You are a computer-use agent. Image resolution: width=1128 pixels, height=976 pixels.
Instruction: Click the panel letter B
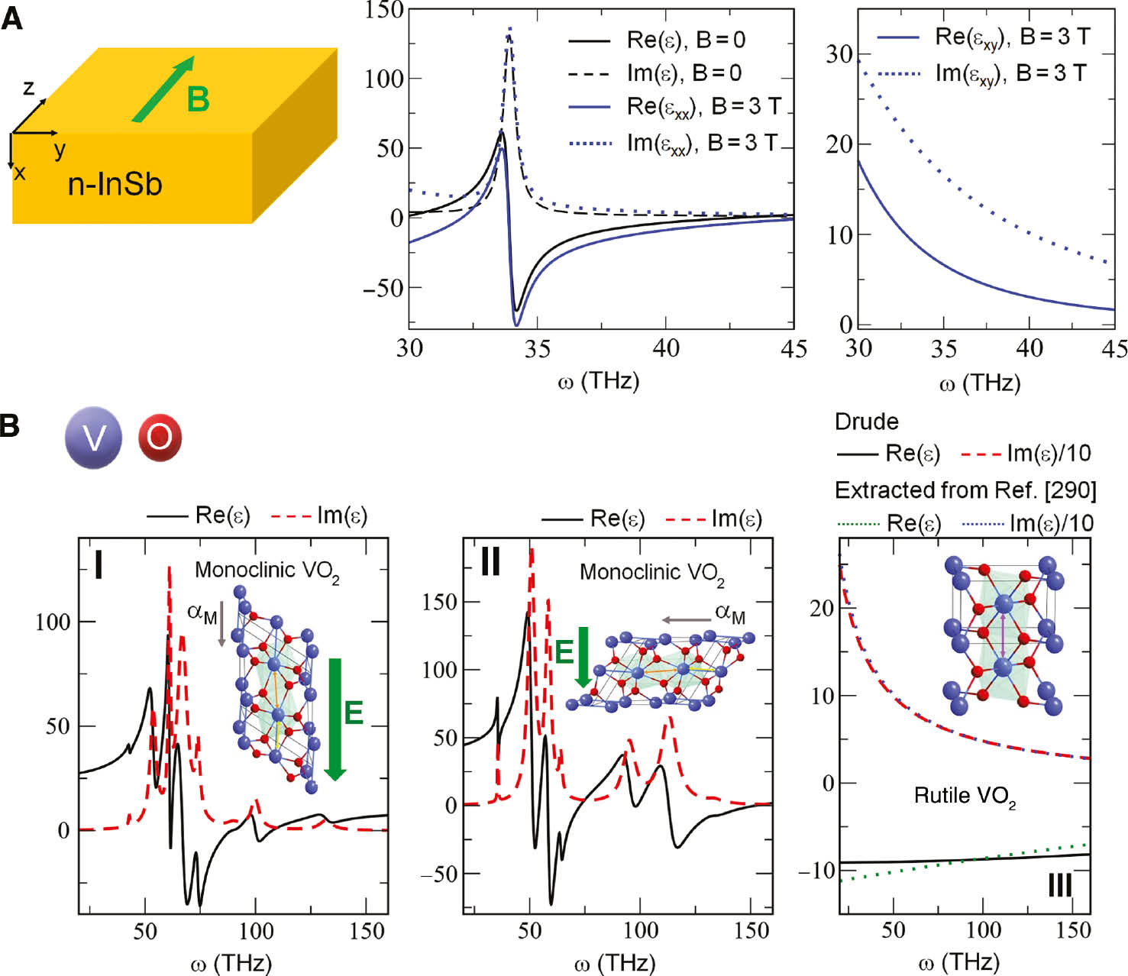[10, 425]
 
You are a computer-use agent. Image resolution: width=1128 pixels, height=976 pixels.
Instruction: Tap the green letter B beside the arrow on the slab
[198, 99]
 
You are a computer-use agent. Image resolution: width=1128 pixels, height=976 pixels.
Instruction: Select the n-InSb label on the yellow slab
[115, 184]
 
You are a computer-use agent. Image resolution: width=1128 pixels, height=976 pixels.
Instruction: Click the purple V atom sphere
[93, 438]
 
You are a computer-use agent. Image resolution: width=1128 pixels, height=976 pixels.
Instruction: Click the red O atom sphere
[160, 438]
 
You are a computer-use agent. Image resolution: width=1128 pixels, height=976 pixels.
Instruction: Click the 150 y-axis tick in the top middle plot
[384, 9]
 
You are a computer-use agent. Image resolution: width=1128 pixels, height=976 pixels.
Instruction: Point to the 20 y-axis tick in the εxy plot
[839, 144]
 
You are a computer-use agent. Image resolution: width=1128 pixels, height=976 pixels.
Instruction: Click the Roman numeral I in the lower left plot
[98, 564]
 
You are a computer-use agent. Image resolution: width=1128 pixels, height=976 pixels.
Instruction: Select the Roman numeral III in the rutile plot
[1059, 885]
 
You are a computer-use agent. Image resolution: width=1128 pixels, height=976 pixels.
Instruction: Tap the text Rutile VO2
[965, 796]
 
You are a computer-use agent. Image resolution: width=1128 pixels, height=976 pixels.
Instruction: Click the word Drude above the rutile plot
[866, 422]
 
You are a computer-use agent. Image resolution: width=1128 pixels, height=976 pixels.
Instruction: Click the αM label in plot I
[202, 613]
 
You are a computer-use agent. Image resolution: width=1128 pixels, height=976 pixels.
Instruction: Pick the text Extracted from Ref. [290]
[965, 490]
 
